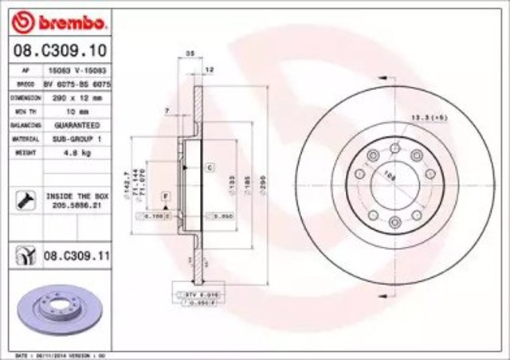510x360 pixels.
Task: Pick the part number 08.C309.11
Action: pos(76,257)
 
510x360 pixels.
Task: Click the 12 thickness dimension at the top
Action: pos(209,70)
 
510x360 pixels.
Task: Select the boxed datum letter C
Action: pos(209,167)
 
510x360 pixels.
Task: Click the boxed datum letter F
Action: pos(166,195)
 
